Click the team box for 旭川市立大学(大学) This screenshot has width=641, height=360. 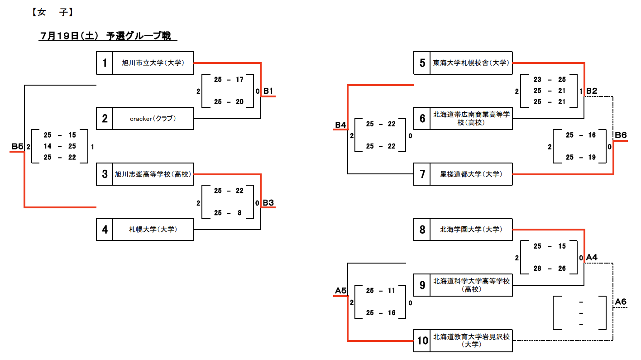click(x=153, y=63)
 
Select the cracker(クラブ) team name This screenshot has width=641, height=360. click(x=153, y=119)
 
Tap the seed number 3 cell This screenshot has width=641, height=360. click(x=105, y=174)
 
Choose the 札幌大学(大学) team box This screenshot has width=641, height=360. click(x=153, y=230)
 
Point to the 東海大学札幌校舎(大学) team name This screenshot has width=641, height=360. click(x=471, y=63)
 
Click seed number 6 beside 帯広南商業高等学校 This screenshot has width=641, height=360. click(x=422, y=119)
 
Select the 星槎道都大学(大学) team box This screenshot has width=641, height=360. click(x=471, y=174)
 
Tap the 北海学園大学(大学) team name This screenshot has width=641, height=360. click(x=471, y=230)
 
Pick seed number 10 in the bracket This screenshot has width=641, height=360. click(x=422, y=341)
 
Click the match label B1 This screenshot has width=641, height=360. click(x=268, y=91)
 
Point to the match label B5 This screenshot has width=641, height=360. click(x=17, y=146)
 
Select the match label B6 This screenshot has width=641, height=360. click(x=620, y=135)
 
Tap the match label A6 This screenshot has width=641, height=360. click(x=620, y=302)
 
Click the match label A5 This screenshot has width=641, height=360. click(x=341, y=291)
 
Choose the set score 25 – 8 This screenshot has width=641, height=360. click(x=229, y=213)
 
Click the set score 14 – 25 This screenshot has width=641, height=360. click(x=60, y=146)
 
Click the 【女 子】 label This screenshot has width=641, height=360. click(x=53, y=13)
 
